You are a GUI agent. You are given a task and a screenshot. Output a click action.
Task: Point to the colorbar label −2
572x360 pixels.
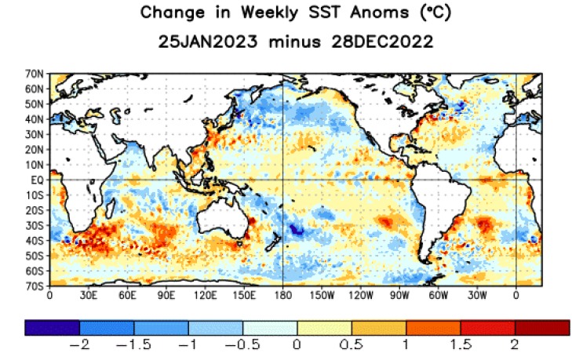76,345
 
